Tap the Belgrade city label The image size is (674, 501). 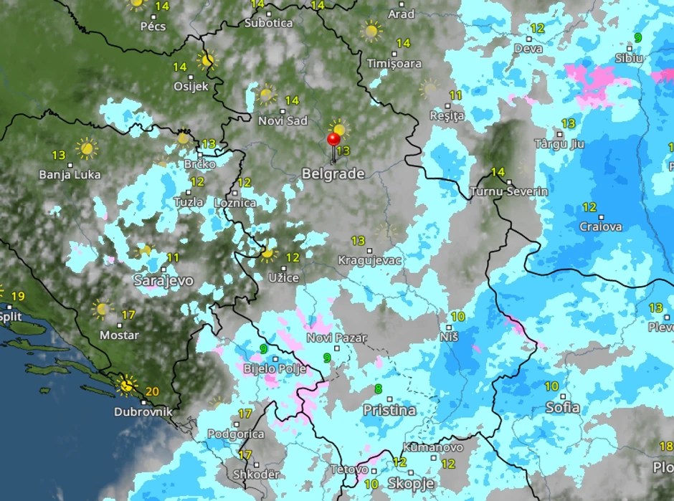tap(333, 173)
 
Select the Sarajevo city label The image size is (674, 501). tap(163, 280)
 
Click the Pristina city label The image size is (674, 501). tap(389, 411)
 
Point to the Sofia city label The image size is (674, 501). tap(563, 408)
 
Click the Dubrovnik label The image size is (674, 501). tap(143, 412)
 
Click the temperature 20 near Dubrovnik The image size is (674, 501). tap(151, 391)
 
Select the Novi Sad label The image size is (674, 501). tap(283, 120)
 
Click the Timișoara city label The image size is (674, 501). tap(394, 63)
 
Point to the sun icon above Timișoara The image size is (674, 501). tap(371, 31)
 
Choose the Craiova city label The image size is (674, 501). tap(601, 226)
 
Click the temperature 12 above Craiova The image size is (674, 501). tap(589, 208)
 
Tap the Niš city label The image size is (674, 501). tap(449, 335)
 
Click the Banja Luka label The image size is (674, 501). tap(70, 174)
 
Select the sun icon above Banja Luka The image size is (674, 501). tap(87, 148)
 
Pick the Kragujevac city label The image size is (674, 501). tap(370, 259)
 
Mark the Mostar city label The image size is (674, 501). tap(119, 335)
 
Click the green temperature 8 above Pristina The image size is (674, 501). tap(378, 389)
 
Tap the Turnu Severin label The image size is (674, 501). tap(509, 191)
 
